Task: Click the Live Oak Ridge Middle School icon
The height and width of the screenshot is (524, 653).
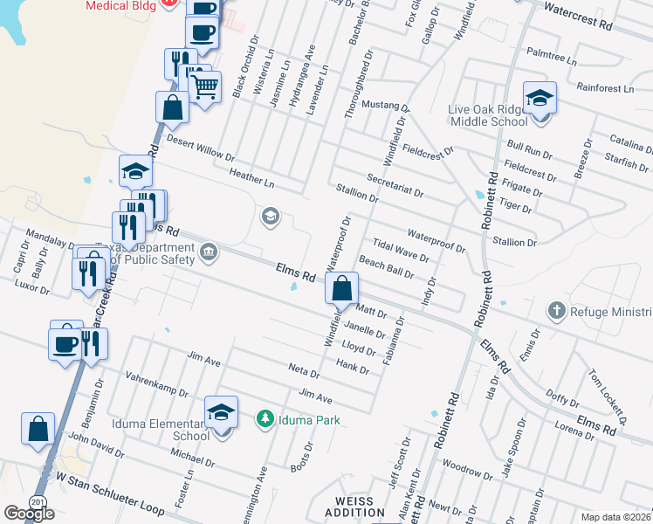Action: [540, 97]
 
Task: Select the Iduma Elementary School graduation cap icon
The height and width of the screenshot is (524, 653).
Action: [221, 412]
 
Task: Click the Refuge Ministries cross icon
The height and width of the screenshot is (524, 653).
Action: [556, 311]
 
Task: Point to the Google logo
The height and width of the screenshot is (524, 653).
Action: [29, 514]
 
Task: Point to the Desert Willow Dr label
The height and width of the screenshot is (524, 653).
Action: [200, 149]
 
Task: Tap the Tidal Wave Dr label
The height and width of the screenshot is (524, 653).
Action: [401, 250]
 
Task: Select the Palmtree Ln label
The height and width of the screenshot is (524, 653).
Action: [552, 61]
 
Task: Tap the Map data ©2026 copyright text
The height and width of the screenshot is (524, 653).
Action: [616, 517]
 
